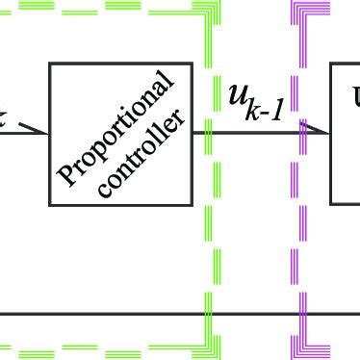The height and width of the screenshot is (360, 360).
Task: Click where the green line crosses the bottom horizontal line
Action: tap(208, 313)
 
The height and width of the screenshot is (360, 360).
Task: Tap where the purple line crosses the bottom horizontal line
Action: tap(300, 313)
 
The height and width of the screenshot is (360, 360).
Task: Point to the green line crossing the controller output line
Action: tap(208, 131)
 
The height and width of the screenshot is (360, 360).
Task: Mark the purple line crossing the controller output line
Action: tap(300, 131)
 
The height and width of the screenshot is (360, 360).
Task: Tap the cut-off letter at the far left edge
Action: tap(4, 119)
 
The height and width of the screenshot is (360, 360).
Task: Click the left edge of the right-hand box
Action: tap(331, 134)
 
